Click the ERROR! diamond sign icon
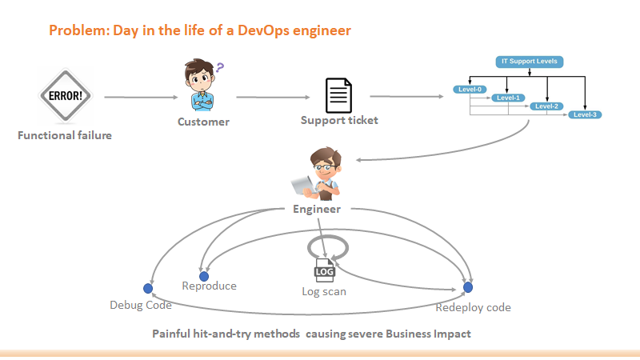point(65,96)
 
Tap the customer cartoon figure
point(202,87)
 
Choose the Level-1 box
point(508,98)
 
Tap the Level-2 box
point(547,106)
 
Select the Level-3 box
point(586,115)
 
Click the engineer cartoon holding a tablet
point(318,175)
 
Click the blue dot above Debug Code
point(147,288)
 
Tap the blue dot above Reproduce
point(204,276)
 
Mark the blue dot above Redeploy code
point(469,287)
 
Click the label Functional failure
point(65,135)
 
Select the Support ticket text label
point(339,121)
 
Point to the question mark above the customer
point(219,68)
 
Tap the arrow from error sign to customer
point(141,98)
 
